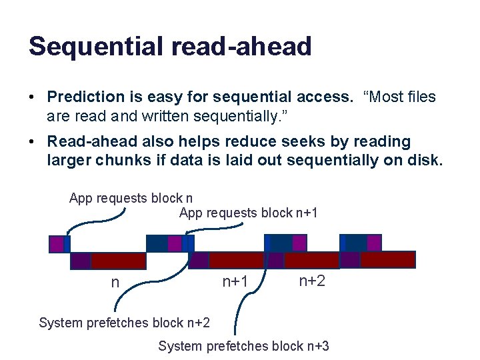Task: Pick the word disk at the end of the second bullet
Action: pos(424,160)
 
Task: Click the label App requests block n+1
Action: pos(248,213)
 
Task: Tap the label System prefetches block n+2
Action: pos(124,323)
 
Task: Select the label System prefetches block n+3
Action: pos(243,346)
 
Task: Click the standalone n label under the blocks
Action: pos(115,283)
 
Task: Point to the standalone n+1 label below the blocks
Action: pos(235,282)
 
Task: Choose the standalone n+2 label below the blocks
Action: pos(312,281)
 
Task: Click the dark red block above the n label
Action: pos(118,261)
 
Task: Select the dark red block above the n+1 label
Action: pos(236,260)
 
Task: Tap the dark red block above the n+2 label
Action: pos(311,260)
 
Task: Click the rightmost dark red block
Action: pos(387,259)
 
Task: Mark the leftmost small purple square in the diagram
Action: pos(58,245)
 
